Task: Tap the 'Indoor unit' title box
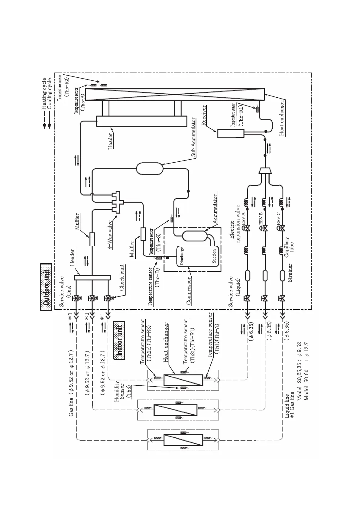[119, 340]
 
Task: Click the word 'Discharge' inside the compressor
[182, 256]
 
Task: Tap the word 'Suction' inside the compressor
[214, 256]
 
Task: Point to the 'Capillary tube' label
[289, 247]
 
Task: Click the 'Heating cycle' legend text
[44, 94]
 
